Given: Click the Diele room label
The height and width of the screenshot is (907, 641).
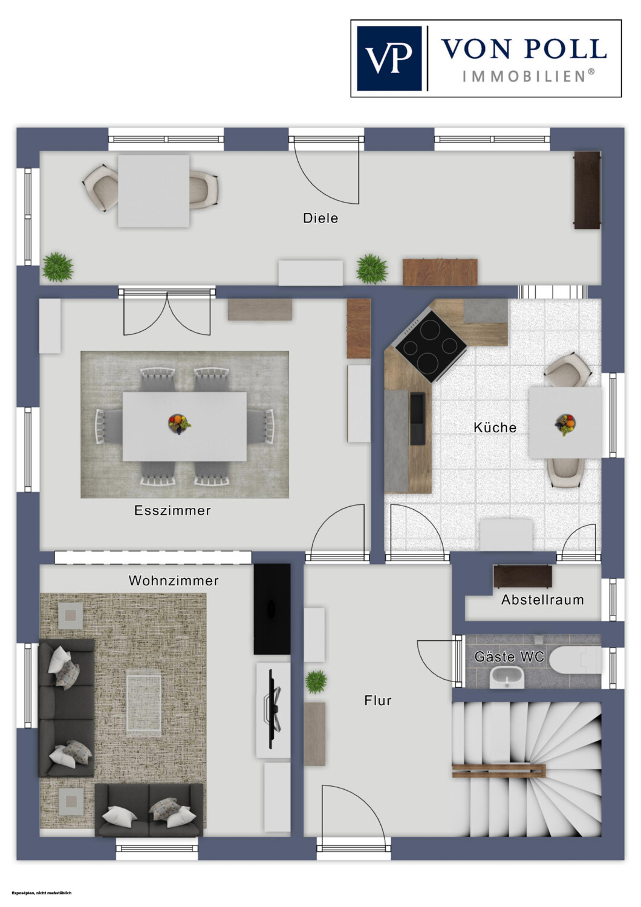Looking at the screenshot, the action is click(320, 218).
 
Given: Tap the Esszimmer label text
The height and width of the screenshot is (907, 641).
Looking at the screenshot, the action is click(172, 510).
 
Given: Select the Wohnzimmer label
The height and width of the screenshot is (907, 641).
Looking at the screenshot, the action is click(174, 580).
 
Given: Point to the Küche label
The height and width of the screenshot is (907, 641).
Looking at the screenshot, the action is click(495, 427).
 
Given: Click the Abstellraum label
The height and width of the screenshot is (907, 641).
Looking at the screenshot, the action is click(542, 599).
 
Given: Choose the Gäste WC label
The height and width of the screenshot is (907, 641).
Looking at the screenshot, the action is click(509, 656).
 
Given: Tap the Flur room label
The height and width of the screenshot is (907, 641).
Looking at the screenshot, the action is click(378, 700).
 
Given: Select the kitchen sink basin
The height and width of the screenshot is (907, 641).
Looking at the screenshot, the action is click(418, 418).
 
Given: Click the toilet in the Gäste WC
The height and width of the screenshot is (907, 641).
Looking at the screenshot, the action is click(577, 660).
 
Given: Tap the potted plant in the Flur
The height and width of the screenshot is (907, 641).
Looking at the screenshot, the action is click(316, 682).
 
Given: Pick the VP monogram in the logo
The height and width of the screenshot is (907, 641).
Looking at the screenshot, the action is click(388, 58).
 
